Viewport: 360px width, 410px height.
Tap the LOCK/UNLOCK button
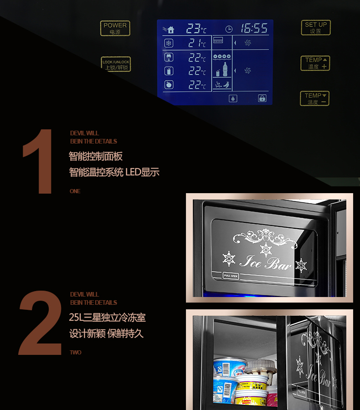click(x=116, y=64)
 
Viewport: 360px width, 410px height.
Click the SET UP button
click(x=315, y=28)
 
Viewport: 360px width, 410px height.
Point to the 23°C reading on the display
click(x=195, y=29)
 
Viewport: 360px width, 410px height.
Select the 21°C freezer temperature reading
click(x=197, y=44)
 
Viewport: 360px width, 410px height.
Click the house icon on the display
click(x=170, y=30)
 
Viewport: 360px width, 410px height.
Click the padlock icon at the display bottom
click(x=262, y=98)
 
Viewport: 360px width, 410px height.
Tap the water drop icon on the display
click(x=233, y=98)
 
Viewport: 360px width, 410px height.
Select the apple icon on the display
click(x=169, y=85)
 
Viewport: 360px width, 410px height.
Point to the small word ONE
click(x=75, y=191)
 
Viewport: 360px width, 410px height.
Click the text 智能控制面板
click(x=96, y=156)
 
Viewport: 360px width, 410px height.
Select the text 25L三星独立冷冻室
click(x=108, y=317)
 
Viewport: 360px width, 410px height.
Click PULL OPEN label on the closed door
click(x=231, y=276)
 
